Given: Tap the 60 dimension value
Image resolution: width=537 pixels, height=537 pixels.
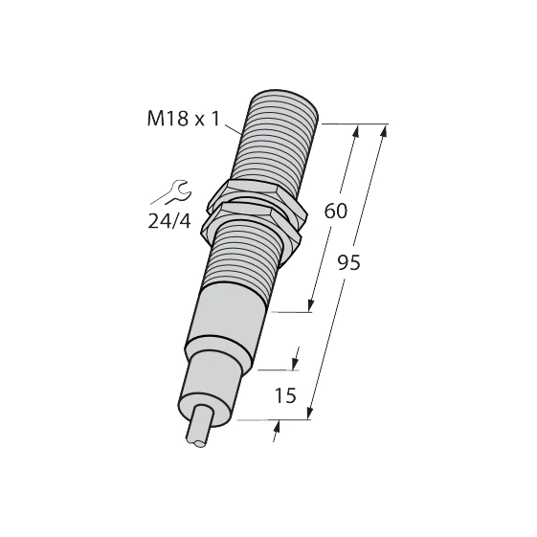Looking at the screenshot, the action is coord(336,211).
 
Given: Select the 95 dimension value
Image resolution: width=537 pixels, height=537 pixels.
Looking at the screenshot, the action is coord(349,262).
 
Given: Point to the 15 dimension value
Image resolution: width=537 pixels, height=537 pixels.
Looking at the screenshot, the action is coord(285,395).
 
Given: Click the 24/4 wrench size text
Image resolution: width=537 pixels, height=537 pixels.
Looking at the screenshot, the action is coord(168,221).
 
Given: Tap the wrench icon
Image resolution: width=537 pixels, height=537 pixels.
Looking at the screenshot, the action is coord(172,192).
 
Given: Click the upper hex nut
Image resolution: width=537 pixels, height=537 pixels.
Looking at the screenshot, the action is coord(257,200).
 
